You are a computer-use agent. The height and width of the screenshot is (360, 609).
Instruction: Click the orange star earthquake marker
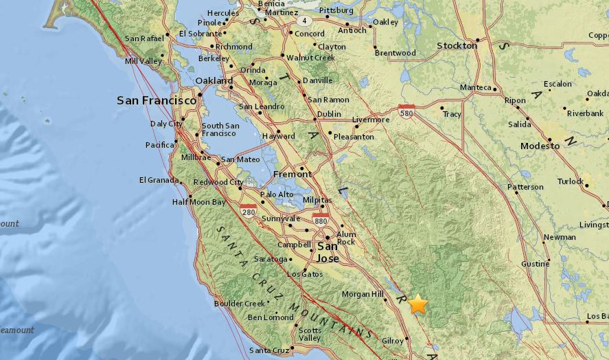(417, 303)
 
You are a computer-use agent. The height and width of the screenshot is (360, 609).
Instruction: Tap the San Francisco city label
(157, 100)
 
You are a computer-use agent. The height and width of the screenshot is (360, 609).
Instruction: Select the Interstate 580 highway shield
(406, 109)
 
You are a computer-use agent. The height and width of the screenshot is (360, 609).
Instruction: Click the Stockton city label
(457, 45)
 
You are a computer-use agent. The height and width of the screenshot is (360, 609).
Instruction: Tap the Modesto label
(540, 147)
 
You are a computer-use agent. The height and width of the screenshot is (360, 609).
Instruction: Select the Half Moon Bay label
(198, 202)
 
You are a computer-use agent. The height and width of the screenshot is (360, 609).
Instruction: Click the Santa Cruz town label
(268, 350)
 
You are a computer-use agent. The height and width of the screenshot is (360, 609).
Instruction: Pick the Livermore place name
(371, 120)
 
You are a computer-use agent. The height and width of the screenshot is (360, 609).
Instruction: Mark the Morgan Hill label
(363, 294)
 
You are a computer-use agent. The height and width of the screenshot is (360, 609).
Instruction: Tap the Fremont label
(292, 174)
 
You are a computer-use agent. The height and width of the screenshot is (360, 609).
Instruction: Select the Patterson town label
(525, 187)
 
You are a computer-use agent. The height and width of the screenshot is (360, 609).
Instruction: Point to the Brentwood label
(396, 53)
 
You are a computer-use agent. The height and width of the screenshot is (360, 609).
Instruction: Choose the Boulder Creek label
(239, 303)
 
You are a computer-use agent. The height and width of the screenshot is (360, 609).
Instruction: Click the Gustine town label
(534, 264)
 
